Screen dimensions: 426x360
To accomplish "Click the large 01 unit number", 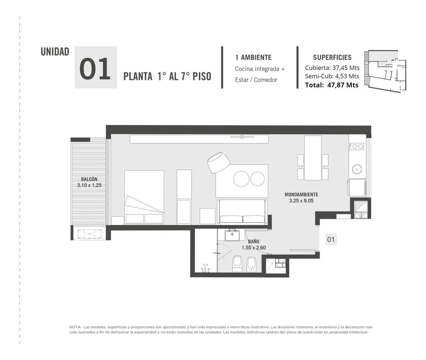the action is click(x=95, y=69).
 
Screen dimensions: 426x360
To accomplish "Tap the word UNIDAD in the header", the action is click(x=55, y=51).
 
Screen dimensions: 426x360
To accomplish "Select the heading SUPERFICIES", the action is click(x=332, y=57).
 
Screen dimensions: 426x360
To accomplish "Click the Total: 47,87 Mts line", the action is click(x=332, y=85).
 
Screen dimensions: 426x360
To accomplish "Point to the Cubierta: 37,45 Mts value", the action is click(x=332, y=68).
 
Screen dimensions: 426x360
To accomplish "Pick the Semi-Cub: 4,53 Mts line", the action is click(x=332, y=76).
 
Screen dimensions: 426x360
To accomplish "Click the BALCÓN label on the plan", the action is click(x=89, y=179).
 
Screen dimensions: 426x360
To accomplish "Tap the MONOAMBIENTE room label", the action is click(x=301, y=195).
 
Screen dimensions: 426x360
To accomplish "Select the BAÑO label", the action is click(x=253, y=242).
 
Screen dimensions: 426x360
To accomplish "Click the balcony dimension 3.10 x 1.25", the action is click(x=89, y=185).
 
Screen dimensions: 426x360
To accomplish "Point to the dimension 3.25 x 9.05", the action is click(x=301, y=201).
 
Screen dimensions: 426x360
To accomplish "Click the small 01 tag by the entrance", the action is click(x=331, y=240).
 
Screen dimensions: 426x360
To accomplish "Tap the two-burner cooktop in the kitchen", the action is click(x=357, y=147).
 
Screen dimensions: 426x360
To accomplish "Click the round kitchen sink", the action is click(x=357, y=169).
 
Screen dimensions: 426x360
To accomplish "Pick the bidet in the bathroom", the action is click(x=251, y=264).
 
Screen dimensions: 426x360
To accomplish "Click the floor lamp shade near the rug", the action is click(x=219, y=163).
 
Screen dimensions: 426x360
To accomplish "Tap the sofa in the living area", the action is click(x=242, y=211).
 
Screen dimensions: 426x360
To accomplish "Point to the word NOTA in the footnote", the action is click(x=75, y=327).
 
